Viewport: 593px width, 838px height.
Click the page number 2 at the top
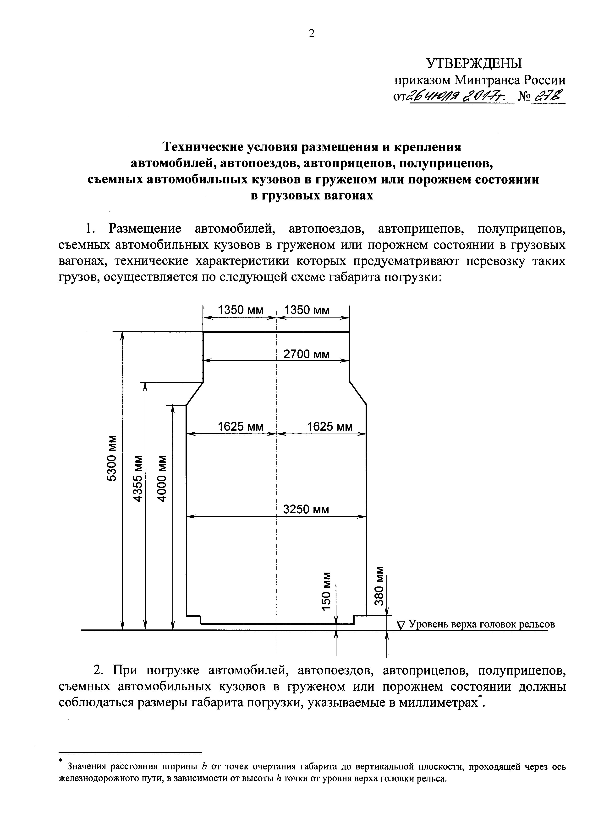(x=311, y=34)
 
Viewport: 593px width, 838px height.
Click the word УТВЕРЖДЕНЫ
(x=474, y=64)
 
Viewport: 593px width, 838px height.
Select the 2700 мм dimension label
(x=306, y=354)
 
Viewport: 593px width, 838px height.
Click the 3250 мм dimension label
(x=306, y=509)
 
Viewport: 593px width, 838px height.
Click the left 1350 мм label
(x=240, y=310)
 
